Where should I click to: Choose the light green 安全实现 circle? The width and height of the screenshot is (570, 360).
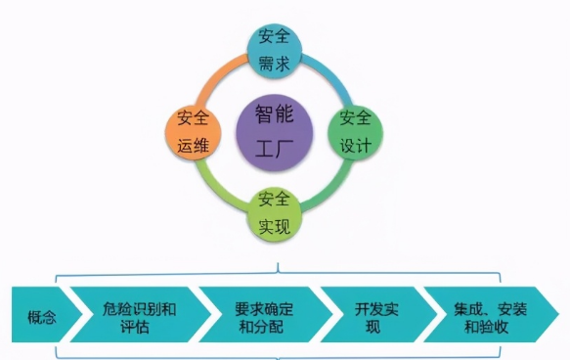coord(274,213)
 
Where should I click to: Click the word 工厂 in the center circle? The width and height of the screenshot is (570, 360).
coord(277,148)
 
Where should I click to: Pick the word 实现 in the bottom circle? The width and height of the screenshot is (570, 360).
coord(274,227)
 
